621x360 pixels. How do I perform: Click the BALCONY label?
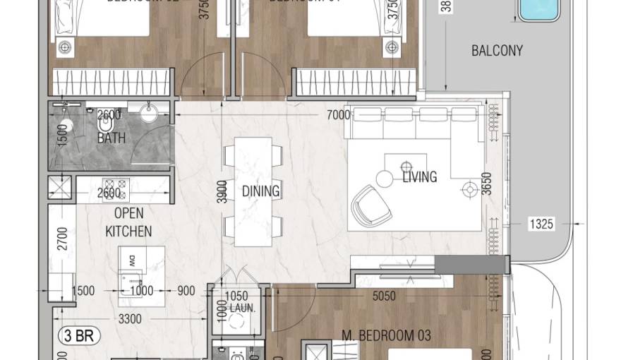click(497, 51)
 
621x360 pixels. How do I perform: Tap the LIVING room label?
click(419, 177)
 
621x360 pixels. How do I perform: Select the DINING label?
click(260, 191)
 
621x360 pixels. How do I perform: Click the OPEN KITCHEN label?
click(128, 222)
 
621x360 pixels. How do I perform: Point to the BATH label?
click(111, 138)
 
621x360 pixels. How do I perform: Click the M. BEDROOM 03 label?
click(386, 335)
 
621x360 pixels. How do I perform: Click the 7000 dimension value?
click(339, 115)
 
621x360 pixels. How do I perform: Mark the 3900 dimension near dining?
click(222, 191)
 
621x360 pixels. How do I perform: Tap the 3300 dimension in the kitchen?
click(130, 319)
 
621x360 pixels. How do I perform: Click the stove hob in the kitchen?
click(116, 188)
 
